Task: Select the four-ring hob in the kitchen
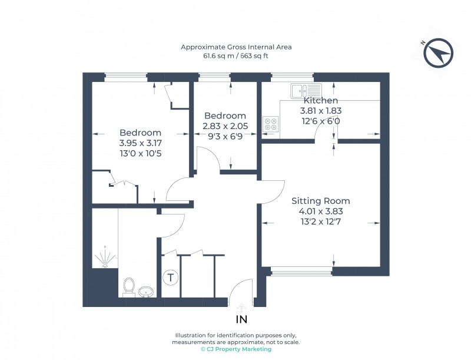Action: (271, 124)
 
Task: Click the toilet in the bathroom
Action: (129, 287)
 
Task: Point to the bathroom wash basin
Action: (145, 291)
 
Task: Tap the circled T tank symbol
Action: (170, 277)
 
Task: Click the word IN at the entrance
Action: (241, 320)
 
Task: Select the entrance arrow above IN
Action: (241, 308)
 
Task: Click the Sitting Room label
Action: (321, 201)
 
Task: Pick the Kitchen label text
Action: (320, 101)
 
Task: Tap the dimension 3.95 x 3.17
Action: (140, 143)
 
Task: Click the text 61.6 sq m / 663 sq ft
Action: (235, 57)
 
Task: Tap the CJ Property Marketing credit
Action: (235, 349)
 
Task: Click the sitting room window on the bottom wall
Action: (301, 272)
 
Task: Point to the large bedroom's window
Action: (125, 76)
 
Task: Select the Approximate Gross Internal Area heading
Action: (235, 47)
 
